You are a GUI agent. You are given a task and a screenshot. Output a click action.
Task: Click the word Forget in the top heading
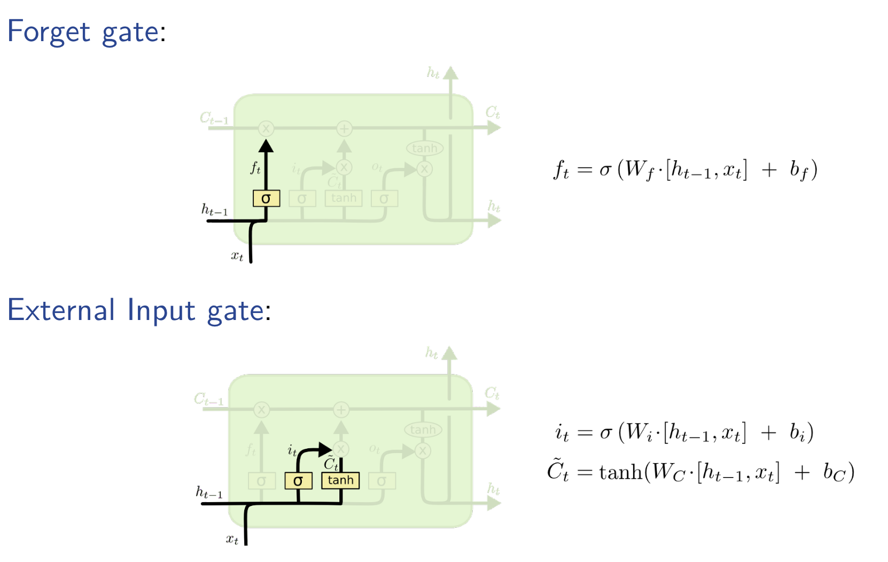click(x=49, y=32)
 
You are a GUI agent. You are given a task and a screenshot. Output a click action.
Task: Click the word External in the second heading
click(x=61, y=310)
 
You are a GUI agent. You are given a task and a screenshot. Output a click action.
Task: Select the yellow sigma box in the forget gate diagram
click(x=266, y=199)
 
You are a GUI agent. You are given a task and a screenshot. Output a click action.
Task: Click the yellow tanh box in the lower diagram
click(x=340, y=480)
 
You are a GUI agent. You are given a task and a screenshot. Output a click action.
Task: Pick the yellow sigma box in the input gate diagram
click(x=298, y=481)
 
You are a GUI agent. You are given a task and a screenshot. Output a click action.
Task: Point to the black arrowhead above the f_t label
click(x=266, y=146)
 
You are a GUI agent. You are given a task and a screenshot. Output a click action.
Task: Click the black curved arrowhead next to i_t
click(x=324, y=449)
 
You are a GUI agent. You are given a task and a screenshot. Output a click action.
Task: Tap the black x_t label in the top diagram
click(x=237, y=256)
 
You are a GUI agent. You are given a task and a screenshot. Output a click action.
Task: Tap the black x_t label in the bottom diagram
click(x=232, y=539)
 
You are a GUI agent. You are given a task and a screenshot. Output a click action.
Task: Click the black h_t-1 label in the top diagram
click(x=214, y=209)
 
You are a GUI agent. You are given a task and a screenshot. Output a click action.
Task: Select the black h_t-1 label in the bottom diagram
click(x=209, y=492)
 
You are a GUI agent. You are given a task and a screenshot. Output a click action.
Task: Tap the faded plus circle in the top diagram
click(x=344, y=128)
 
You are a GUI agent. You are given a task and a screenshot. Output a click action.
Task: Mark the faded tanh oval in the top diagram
click(x=425, y=148)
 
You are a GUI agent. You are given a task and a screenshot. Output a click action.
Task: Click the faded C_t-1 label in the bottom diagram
click(x=209, y=399)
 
